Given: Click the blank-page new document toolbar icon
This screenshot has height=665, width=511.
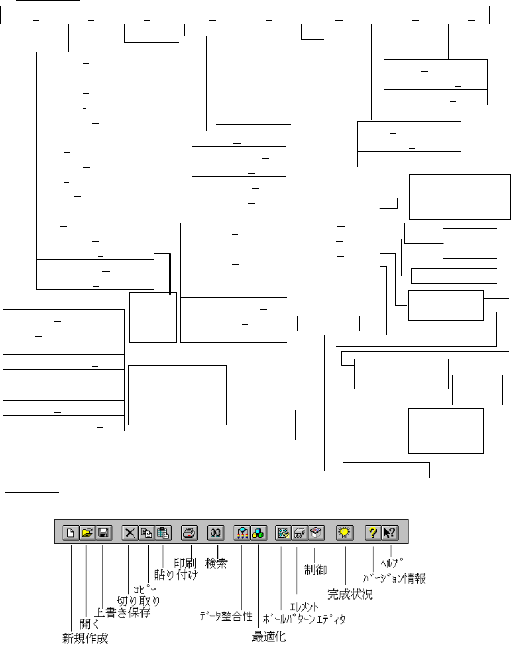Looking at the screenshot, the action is [x=70, y=533].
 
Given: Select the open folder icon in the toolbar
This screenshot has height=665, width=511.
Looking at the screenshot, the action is [x=87, y=533].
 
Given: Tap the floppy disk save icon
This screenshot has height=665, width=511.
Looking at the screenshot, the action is [x=103, y=533].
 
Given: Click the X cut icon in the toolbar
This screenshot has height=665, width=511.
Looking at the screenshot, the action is [x=129, y=533].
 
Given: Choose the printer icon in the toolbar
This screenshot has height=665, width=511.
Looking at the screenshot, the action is [x=189, y=533].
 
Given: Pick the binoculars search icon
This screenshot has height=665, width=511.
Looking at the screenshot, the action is [x=215, y=533].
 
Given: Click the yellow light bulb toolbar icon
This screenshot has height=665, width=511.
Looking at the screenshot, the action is [x=345, y=533].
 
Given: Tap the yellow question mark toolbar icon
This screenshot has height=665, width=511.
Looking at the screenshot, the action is [x=373, y=533].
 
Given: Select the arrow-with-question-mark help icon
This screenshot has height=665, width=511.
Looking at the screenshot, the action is [x=389, y=533].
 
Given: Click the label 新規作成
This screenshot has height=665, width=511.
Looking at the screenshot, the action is [x=85, y=639].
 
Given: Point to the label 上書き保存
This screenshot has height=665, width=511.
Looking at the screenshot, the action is [x=122, y=612].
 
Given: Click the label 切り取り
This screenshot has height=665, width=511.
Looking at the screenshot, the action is [x=138, y=601].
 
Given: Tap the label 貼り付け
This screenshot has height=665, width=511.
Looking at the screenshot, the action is [x=176, y=575].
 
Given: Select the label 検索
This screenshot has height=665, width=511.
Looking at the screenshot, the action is [x=216, y=564].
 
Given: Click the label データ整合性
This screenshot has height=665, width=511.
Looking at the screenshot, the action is [x=226, y=616].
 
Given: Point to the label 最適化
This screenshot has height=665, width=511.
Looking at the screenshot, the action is [x=269, y=637].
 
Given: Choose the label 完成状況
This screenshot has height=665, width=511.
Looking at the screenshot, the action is [x=350, y=594].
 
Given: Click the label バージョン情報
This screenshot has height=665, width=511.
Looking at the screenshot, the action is [x=394, y=578].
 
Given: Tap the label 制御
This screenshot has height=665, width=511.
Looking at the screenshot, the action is [x=316, y=569].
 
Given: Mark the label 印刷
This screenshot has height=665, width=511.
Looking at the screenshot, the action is [x=186, y=563].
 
